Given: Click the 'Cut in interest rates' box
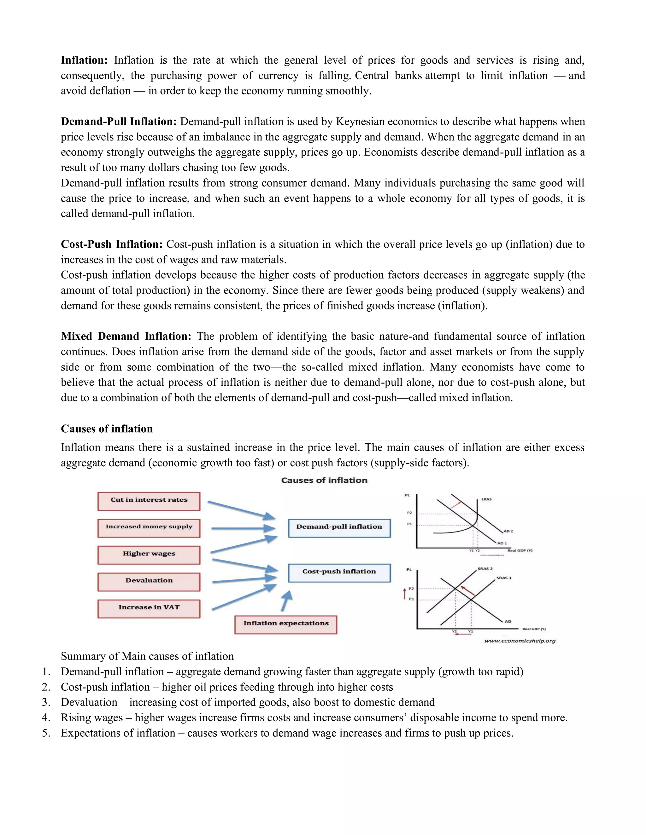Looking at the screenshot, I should (x=149, y=501).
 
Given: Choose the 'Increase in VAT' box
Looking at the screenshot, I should (x=149, y=608).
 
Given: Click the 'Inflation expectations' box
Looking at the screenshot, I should (x=285, y=624).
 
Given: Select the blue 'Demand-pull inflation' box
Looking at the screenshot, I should (x=339, y=527).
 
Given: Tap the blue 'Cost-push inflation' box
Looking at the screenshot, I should (x=339, y=572).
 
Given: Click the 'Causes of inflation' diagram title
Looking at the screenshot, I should (x=324, y=480).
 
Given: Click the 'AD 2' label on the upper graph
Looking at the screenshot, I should (x=508, y=531).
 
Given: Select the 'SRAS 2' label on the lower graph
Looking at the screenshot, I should (x=485, y=568).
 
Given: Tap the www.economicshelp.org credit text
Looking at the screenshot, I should (x=520, y=641).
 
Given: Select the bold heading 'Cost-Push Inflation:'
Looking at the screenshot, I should (x=112, y=244).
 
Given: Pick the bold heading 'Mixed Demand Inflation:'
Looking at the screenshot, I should (x=126, y=337).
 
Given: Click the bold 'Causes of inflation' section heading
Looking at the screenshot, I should (x=107, y=429).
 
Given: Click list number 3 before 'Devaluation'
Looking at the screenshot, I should (x=46, y=702).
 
